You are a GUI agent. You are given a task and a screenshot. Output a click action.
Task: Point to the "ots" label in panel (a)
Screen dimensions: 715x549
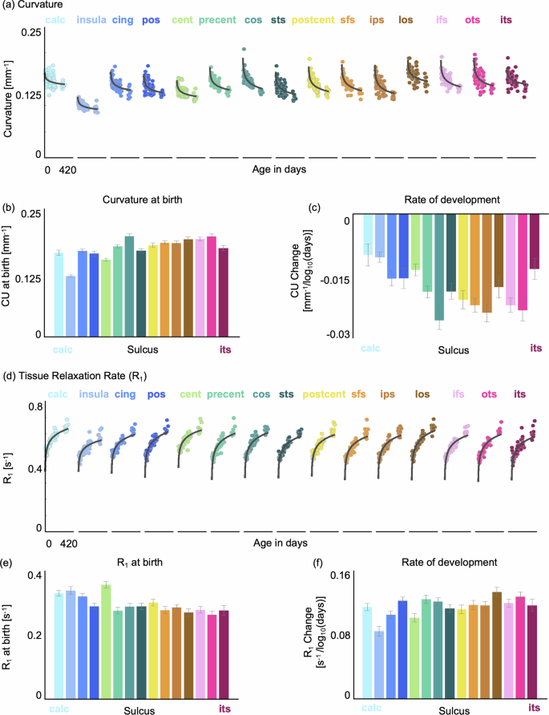point(482,19)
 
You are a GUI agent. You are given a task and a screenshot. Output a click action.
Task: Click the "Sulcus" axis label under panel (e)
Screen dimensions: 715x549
point(146,709)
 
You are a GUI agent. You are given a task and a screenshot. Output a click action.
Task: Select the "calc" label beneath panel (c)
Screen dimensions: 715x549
point(370,348)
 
